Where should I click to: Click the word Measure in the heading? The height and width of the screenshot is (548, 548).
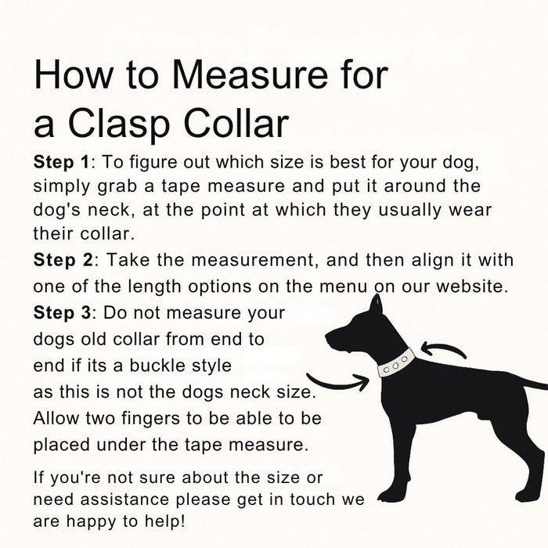(x=250, y=75)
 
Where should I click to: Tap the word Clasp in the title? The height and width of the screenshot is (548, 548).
(x=119, y=124)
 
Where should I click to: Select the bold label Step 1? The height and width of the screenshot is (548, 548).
(x=62, y=163)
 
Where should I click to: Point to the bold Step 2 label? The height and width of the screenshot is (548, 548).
(x=63, y=261)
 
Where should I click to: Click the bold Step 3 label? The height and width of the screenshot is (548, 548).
(x=62, y=313)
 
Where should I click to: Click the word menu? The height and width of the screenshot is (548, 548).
(x=343, y=287)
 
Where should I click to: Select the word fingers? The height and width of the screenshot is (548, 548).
(x=150, y=419)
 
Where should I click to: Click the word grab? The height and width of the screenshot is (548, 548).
(x=117, y=187)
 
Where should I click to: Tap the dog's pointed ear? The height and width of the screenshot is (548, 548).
(x=377, y=304)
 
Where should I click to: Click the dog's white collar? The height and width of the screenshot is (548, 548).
(x=396, y=363)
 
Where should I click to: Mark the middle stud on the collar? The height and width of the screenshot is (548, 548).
(x=396, y=366)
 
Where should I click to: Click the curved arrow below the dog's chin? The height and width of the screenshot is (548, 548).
(x=338, y=383)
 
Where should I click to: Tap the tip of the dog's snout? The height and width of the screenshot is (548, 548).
(x=326, y=336)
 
